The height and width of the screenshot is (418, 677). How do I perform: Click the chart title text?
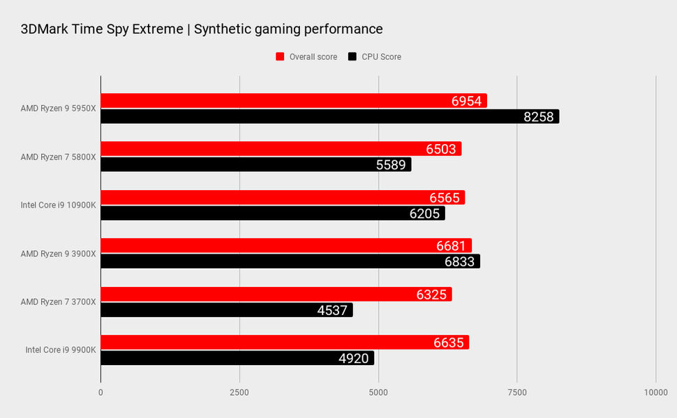tap(202, 29)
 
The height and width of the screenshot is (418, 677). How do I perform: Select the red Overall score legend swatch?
tap(281, 57)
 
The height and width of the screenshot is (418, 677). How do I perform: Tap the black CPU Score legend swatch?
tap(352, 57)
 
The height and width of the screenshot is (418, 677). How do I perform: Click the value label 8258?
tap(538, 117)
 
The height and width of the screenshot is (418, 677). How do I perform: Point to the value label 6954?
tap(466, 101)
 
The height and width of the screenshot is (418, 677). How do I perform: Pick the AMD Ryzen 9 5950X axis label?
tap(59, 109)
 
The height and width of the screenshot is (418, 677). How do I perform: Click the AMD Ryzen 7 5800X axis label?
tap(59, 157)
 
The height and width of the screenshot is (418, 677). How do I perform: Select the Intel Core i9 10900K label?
tap(59, 206)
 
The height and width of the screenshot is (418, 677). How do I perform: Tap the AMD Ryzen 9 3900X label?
tap(59, 254)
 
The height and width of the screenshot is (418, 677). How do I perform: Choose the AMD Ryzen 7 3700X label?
tap(59, 302)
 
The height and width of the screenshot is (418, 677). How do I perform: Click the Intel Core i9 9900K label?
tap(61, 350)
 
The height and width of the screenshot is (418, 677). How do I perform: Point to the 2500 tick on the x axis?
tap(239, 393)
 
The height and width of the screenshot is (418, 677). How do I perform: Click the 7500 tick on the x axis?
tap(517, 393)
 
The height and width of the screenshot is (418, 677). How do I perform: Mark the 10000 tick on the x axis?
tap(655, 393)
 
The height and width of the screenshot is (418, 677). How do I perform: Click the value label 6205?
tap(424, 214)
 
